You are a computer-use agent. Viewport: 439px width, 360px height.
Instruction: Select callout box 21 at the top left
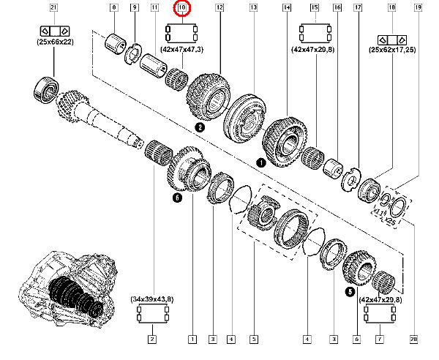pos(53,9)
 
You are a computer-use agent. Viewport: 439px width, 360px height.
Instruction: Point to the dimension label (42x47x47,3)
pos(182,50)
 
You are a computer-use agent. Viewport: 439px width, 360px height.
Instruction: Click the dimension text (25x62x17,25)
pos(392,50)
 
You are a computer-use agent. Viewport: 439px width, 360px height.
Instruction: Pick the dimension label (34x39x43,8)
pos(153,299)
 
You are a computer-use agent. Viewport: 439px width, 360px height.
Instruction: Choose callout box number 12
pos(219,9)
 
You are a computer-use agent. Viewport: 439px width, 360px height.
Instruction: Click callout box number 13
pos(253,9)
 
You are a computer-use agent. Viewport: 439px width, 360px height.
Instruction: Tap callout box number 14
pos(286,9)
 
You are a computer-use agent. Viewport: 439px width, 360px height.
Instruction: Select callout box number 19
pos(418,9)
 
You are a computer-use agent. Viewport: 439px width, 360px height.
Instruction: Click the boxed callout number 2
pos(152,339)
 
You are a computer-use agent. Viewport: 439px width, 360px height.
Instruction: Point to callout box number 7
pos(380,339)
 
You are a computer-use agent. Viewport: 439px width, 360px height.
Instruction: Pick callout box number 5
pos(253,339)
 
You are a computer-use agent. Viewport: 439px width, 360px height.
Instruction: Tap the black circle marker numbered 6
pos(176,198)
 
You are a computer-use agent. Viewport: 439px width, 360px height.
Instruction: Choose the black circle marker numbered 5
pos(350,290)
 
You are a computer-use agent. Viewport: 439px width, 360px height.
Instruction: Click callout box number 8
pos(113,9)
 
